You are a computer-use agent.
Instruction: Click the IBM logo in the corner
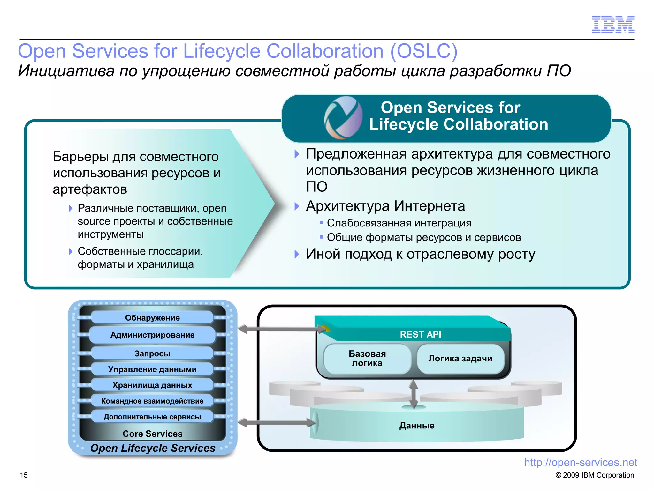pos(613,25)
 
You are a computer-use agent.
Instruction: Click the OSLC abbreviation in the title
pos(424,51)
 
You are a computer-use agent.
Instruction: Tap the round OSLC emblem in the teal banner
pos(343,118)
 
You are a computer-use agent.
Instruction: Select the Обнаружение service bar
pos(152,318)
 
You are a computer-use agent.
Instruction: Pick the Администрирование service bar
pos(152,335)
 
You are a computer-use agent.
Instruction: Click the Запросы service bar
pos(152,353)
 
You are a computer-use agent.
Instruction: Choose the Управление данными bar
pos(152,369)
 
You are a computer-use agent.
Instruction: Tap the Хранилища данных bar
pos(152,385)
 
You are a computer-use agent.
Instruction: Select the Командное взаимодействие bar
pos(152,401)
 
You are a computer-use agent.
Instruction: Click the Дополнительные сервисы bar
pos(152,417)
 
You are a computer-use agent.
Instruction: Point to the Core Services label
pos(152,434)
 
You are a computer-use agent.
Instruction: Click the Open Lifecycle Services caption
pos(153,448)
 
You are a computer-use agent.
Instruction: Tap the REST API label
pos(420,334)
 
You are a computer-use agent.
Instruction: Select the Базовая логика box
pos(367,358)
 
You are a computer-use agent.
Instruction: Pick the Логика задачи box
pos(460,359)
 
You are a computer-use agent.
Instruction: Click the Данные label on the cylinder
pos(417,426)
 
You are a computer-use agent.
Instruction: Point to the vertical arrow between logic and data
pos(414,394)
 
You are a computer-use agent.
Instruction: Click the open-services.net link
pos(580,462)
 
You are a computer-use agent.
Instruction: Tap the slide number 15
pos(24,475)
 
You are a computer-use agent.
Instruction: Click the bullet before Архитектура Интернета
pos(297,206)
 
